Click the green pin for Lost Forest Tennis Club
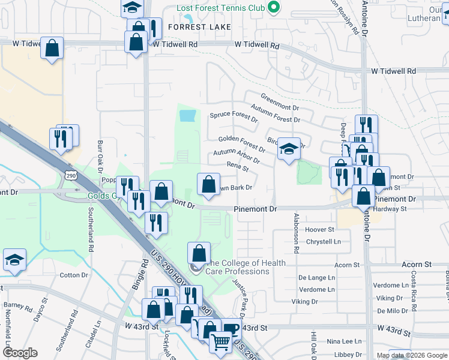coord(274,8)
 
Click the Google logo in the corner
coord(21,353)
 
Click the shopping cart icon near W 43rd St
coord(220,341)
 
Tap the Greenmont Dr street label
coord(279,102)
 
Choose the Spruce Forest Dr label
coord(233,116)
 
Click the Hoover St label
coord(319,229)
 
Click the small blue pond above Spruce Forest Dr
coord(187,114)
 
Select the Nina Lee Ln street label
coord(340,341)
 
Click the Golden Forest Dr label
coord(241,143)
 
